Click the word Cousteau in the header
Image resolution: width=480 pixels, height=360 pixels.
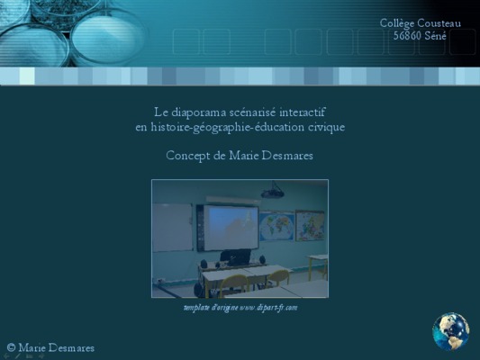pyautogui.click(x=439, y=23)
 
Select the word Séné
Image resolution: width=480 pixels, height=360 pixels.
pyautogui.click(x=435, y=36)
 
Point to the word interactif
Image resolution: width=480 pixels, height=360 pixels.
pyautogui.click(x=303, y=112)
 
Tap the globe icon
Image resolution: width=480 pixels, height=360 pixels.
pyautogui.click(x=451, y=331)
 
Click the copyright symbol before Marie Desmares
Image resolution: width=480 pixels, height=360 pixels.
pyautogui.click(x=11, y=347)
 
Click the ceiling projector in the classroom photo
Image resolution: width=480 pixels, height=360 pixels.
pyautogui.click(x=272, y=192)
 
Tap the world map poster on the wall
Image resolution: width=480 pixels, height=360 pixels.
pyautogui.click(x=276, y=227)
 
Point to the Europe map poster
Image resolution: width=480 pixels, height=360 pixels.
pyautogui.click(x=310, y=225)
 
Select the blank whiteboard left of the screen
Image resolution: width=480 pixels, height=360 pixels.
pyautogui.click(x=173, y=227)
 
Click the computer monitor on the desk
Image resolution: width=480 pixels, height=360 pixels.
pyautogui.click(x=235, y=256)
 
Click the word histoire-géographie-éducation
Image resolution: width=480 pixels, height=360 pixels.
pyautogui.click(x=228, y=127)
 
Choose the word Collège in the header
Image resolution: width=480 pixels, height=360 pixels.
pyautogui.click(x=397, y=23)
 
